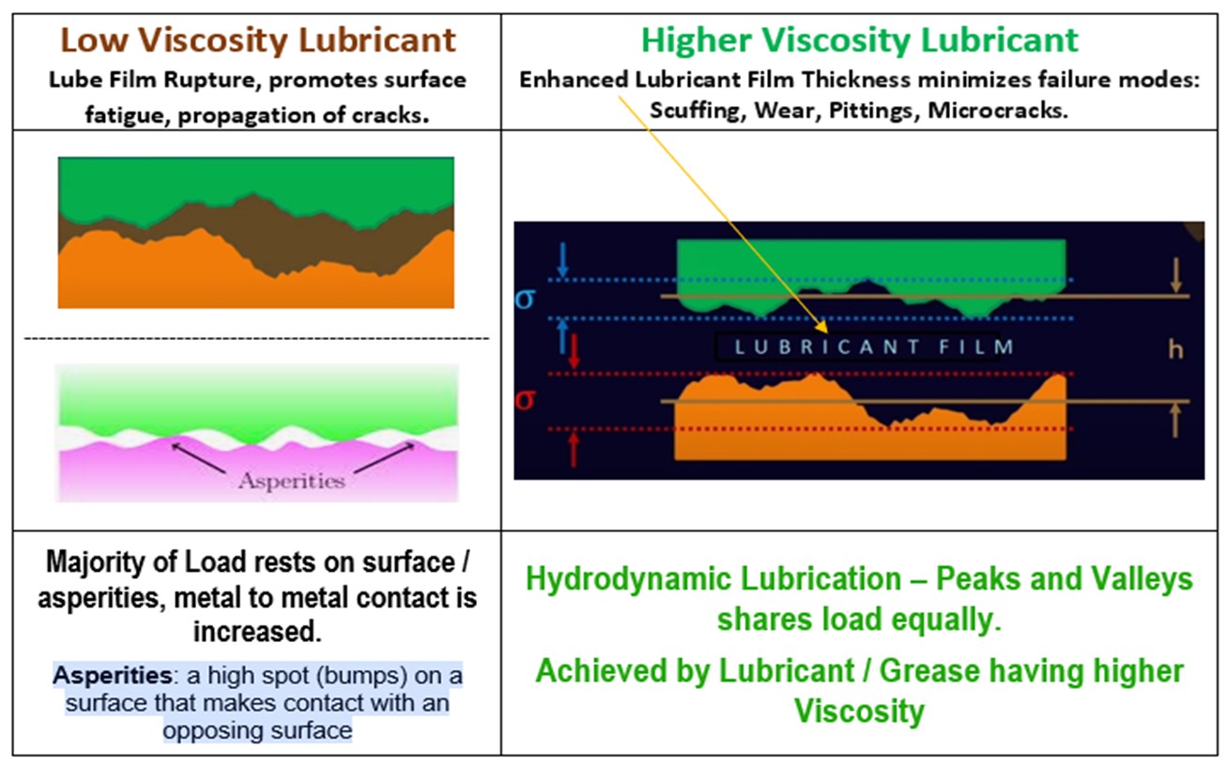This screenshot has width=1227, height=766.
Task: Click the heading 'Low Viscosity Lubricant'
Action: click(257, 40)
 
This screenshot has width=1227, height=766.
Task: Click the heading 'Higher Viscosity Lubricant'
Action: click(859, 40)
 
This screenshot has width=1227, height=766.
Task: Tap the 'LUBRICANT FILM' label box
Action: click(857, 346)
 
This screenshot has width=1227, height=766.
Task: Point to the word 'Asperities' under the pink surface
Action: click(292, 482)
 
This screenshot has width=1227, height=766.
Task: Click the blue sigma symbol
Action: click(526, 299)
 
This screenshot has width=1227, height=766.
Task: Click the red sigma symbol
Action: click(525, 400)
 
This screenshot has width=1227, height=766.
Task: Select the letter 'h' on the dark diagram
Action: click(1175, 349)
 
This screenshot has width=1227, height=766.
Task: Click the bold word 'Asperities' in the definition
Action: click(113, 675)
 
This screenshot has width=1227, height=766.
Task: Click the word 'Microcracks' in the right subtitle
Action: click(998, 110)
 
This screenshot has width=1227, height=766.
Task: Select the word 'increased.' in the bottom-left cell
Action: click(257, 632)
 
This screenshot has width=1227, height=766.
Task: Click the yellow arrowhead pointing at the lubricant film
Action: click(821, 327)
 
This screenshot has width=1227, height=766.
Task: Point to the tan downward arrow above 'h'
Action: click(1175, 276)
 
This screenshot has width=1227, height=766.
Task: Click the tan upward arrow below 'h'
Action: click(1175, 421)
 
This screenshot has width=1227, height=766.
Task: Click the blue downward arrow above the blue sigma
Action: click(562, 260)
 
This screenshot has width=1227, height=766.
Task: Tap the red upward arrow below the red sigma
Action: click(573, 450)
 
